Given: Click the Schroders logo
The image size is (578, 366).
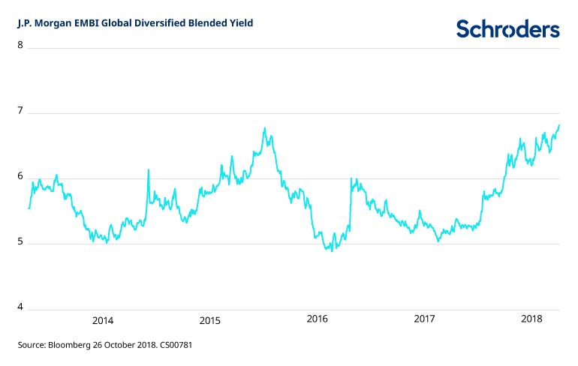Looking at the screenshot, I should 508,28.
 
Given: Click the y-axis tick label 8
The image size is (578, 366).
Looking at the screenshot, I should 20,45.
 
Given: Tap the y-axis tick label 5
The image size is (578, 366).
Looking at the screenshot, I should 20,243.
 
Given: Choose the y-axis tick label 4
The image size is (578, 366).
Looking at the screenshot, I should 20,308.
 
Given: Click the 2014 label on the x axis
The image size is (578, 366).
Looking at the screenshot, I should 103,321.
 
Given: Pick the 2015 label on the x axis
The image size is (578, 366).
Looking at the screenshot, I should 210,321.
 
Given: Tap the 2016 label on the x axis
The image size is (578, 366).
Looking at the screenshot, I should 318,320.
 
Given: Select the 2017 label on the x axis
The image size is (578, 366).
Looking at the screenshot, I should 425,320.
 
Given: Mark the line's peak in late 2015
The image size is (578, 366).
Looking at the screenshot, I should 265,128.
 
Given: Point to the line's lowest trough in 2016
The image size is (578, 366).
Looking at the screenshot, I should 332,250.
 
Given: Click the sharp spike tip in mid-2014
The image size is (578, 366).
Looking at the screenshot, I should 148,169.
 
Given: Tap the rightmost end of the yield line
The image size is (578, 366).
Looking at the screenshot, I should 559,125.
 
